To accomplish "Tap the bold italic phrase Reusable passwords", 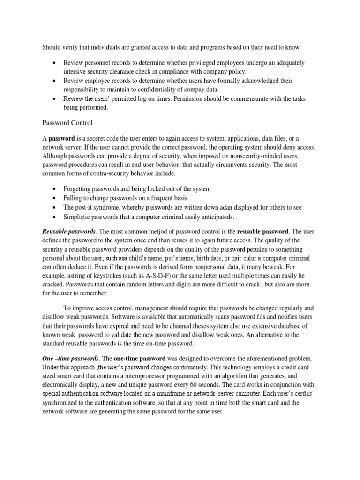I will [x=69, y=231].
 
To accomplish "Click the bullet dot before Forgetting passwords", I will [x=55, y=189].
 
